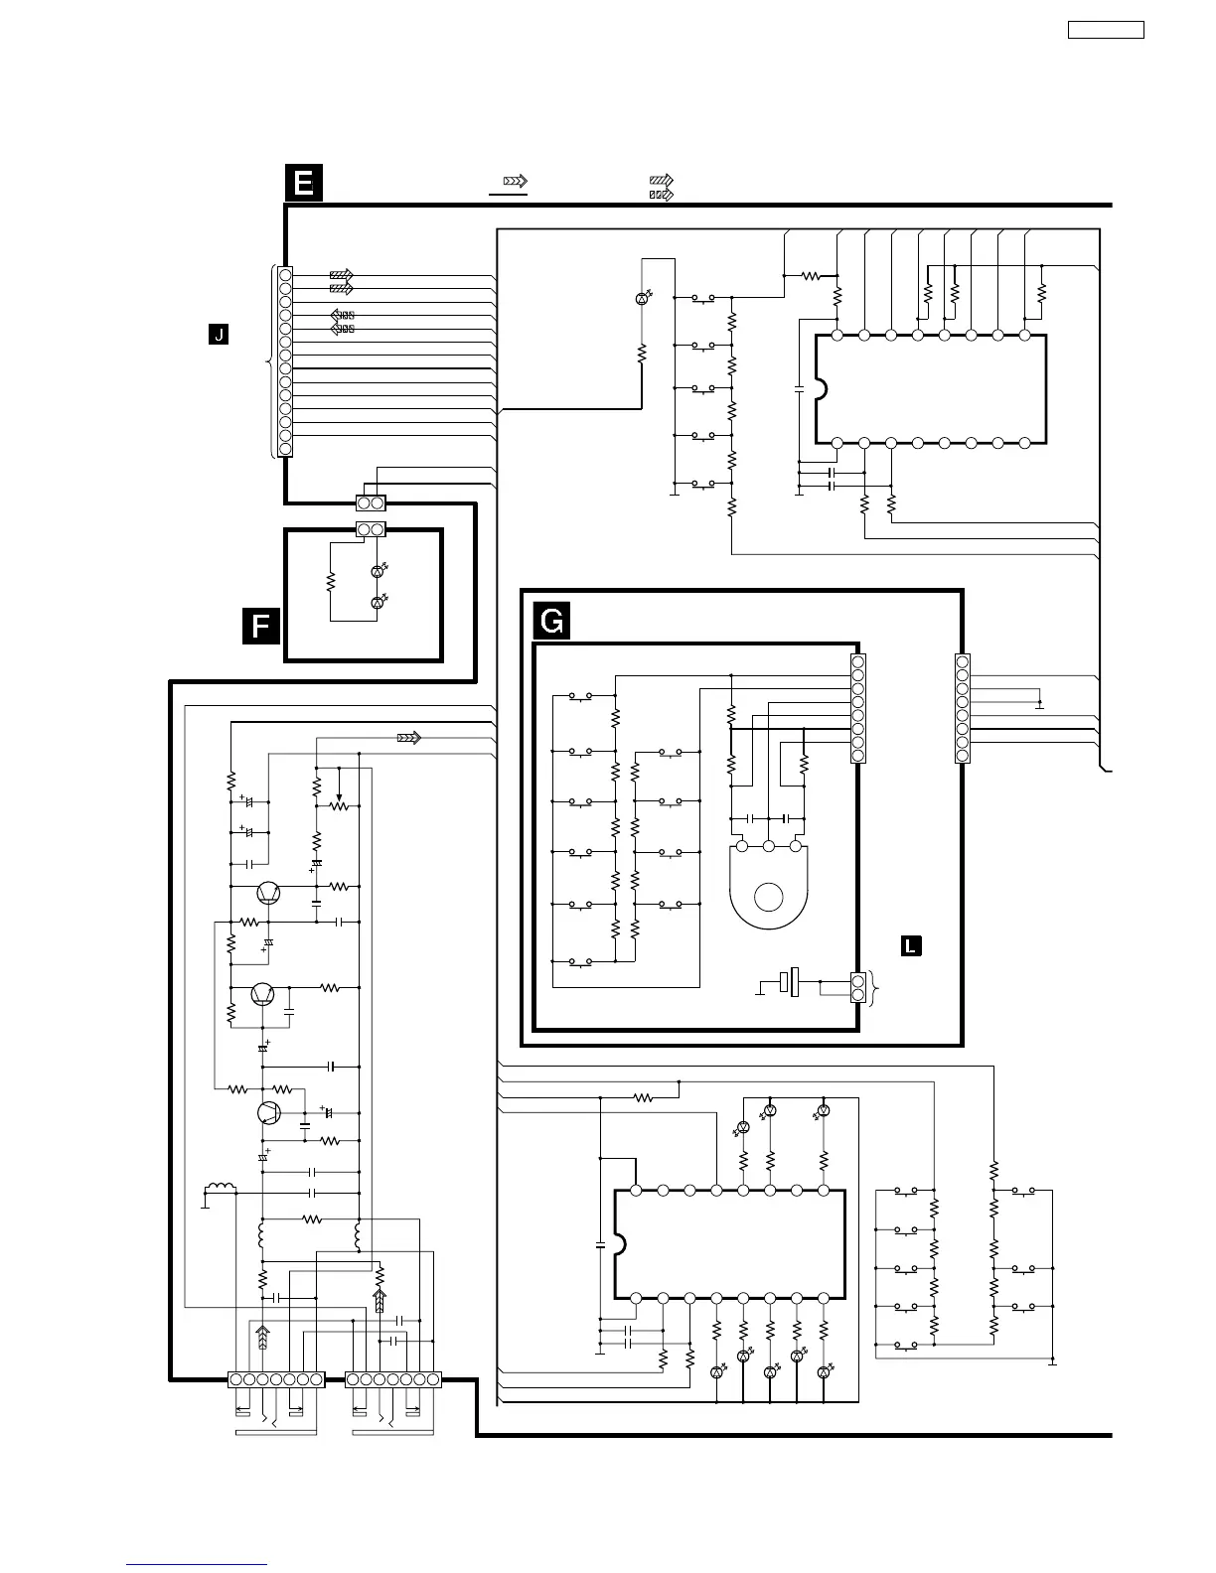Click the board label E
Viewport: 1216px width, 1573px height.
pos(304,184)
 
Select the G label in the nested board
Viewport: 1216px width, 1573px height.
pos(552,622)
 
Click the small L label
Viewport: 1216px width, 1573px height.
pos(910,945)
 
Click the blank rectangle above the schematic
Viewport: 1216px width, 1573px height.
pos(1106,29)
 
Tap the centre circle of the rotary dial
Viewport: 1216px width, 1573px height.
pos(768,897)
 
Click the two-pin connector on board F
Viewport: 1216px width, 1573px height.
pos(371,530)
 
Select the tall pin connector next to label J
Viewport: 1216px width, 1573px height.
pos(285,361)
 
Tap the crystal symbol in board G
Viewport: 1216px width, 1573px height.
pos(792,983)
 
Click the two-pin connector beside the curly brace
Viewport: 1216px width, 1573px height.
pos(857,988)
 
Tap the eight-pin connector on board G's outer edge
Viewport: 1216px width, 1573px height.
pos(962,708)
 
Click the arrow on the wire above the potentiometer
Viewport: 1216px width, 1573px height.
pos(408,738)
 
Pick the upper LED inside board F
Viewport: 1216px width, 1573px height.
pos(377,571)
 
